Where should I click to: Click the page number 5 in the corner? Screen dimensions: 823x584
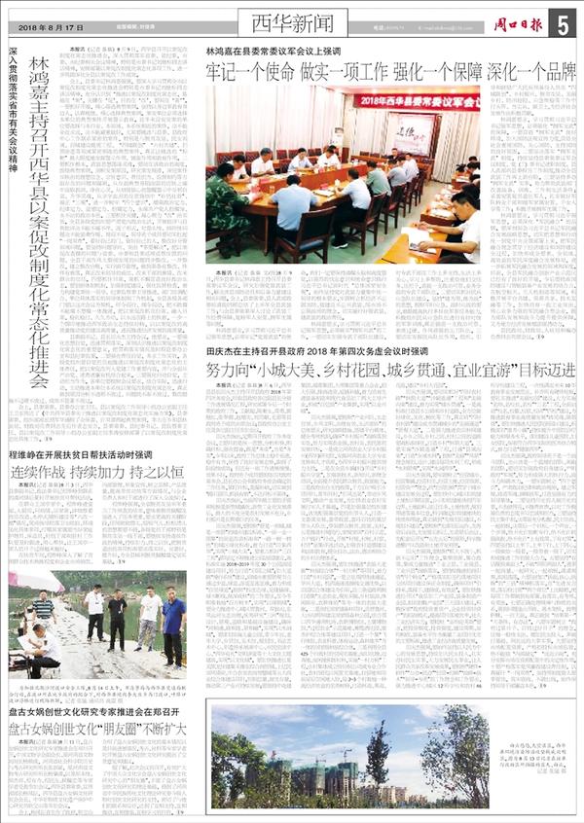click(x=566, y=25)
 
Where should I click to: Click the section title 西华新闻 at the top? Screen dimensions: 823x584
click(x=288, y=20)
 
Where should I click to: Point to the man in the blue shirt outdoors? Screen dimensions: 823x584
click(x=174, y=623)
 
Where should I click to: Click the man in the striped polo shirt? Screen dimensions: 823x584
click(x=44, y=612)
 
